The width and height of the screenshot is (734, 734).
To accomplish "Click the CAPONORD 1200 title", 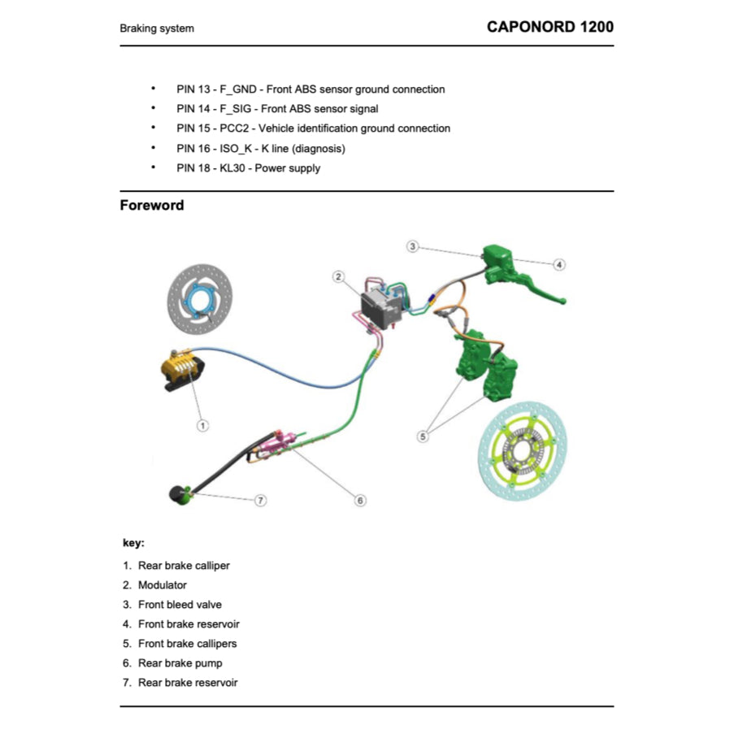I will [549, 27].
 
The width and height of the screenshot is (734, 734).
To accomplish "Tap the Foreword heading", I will [152, 206].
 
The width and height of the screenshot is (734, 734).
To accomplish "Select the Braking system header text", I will [157, 28].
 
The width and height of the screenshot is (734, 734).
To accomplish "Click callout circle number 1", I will [203, 424].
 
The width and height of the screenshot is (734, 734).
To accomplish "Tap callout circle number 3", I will [413, 246].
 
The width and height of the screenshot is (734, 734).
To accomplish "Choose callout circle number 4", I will [559, 264].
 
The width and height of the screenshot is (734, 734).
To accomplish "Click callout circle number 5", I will [423, 436].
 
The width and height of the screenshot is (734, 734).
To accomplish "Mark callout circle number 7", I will [261, 500].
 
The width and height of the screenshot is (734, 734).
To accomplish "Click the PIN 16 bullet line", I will [261, 149].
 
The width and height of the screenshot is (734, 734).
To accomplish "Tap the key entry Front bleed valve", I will [180, 605].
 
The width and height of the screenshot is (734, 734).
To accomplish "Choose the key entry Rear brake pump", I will [180, 663].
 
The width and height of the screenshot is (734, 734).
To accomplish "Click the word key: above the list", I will [134, 543].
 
